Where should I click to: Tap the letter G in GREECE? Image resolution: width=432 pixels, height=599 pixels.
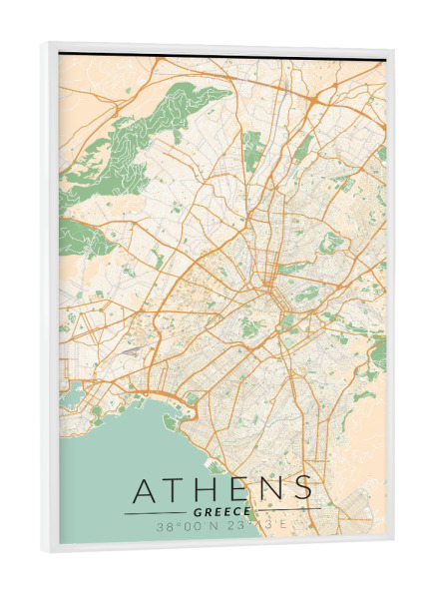[x=201, y=512]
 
